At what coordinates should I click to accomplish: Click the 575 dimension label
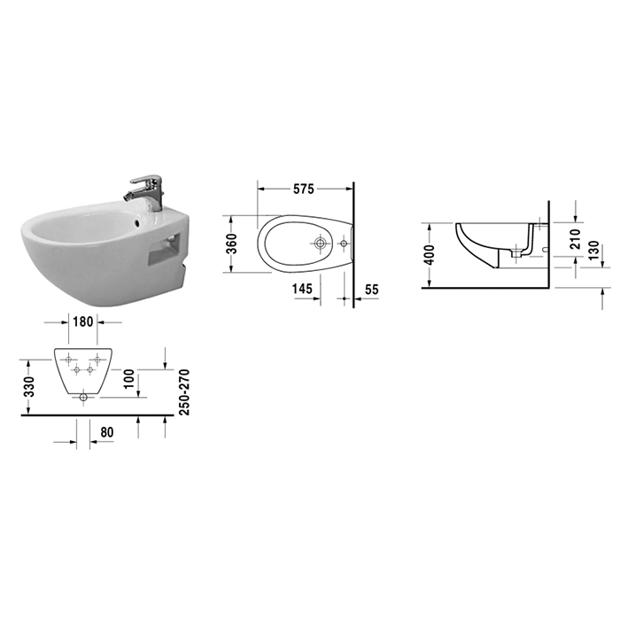pyautogui.click(x=303, y=189)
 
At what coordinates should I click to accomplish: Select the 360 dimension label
pyautogui.click(x=232, y=244)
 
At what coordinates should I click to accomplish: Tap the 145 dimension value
pyautogui.click(x=303, y=289)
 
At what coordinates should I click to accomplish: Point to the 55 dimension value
pyautogui.click(x=371, y=290)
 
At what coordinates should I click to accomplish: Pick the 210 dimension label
pyautogui.click(x=576, y=238)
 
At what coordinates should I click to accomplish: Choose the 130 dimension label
pyautogui.click(x=593, y=251)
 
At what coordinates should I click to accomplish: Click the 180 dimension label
pyautogui.click(x=83, y=322)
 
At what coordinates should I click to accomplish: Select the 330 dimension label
pyautogui.click(x=29, y=387)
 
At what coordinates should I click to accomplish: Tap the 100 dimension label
pyautogui.click(x=129, y=379)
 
